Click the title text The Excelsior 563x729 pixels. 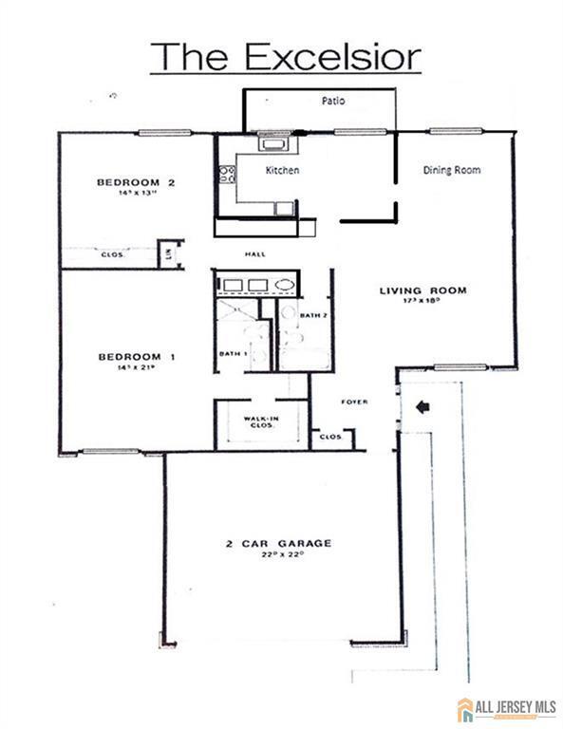(285, 57)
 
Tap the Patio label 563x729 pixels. (331, 99)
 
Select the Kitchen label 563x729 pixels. (282, 171)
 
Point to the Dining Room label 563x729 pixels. (451, 171)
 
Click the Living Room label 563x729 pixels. (423, 290)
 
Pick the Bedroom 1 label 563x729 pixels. (138, 357)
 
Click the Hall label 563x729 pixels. (255, 254)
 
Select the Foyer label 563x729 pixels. (354, 402)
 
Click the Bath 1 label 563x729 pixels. (234, 354)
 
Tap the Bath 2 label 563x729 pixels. (313, 314)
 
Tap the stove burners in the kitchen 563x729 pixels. (227, 174)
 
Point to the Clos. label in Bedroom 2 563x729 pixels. (112, 254)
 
